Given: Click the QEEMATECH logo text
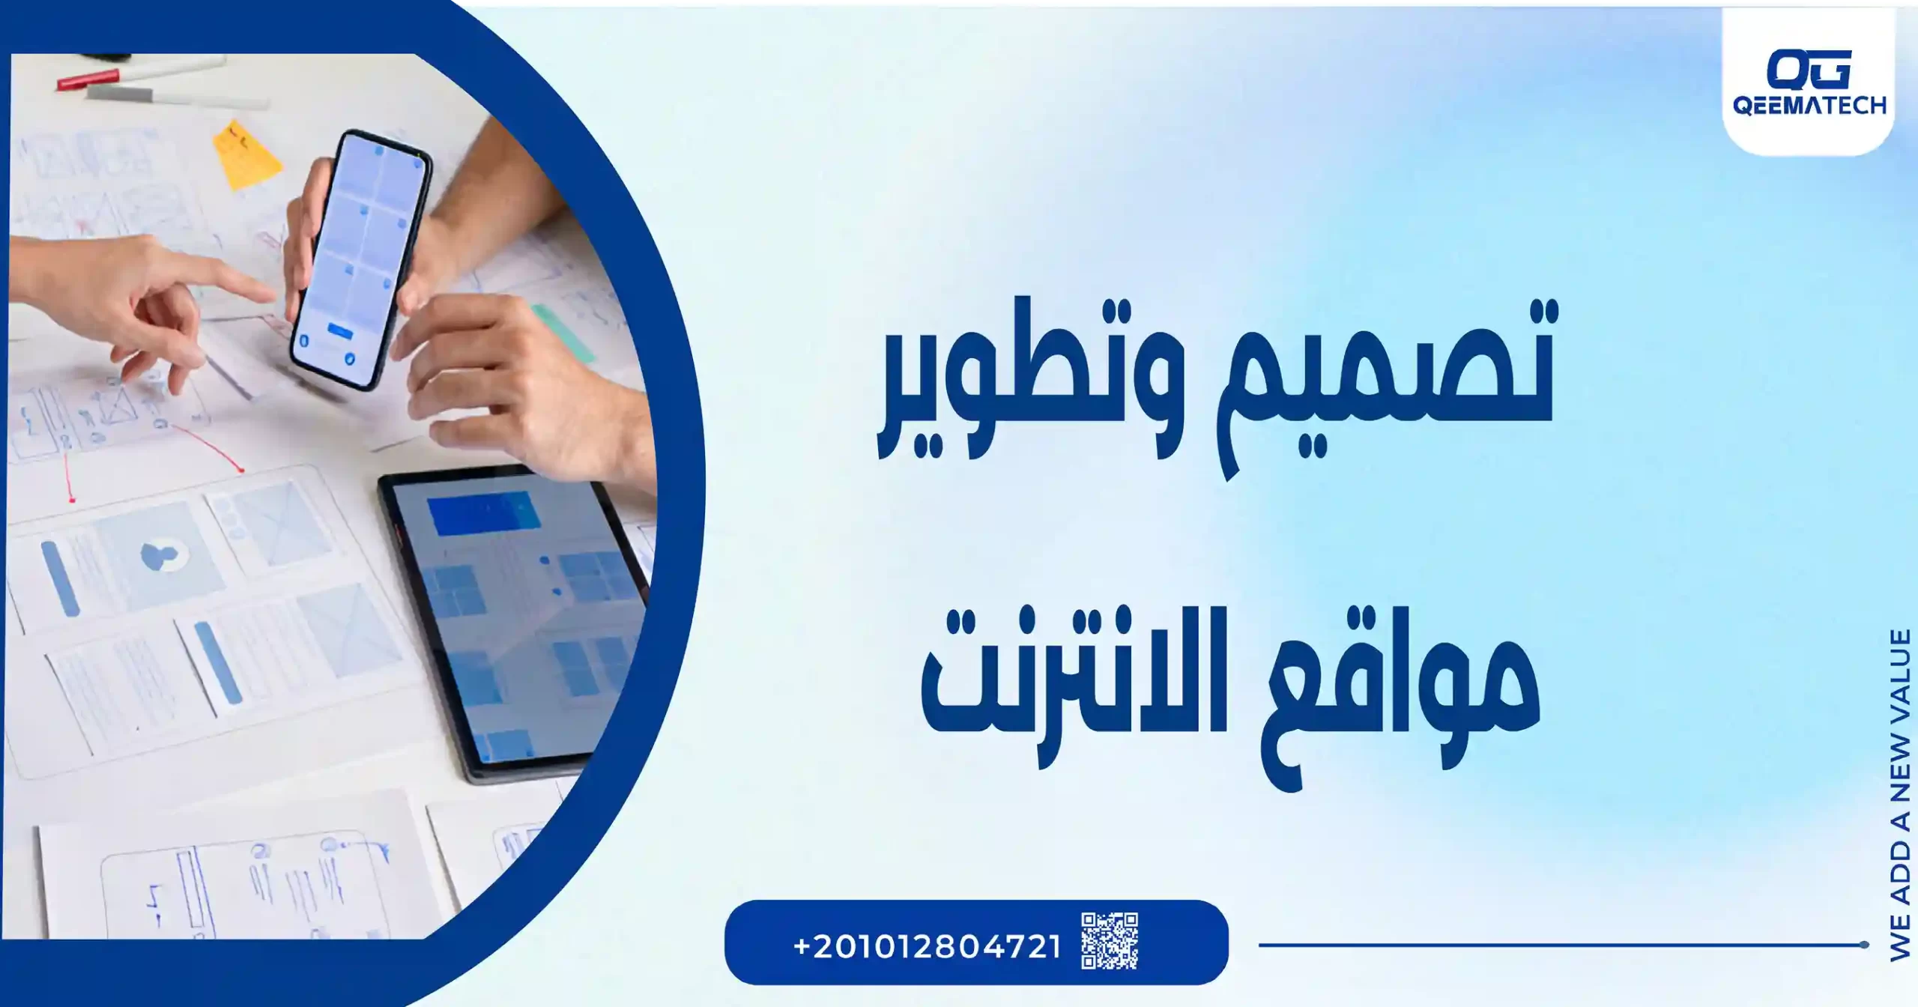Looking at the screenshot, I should pos(1809,105).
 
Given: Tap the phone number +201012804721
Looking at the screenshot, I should pos(927,946).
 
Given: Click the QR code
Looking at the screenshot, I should pos(1109,941).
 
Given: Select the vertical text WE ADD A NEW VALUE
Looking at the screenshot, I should pos(1899,794).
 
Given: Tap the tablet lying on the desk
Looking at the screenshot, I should pos(517,622).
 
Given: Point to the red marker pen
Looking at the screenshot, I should pos(88,79).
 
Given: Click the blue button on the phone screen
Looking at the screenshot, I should pos(340,331).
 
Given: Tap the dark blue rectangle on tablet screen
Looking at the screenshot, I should pos(484,515).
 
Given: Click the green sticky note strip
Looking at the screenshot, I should pos(562,330).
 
